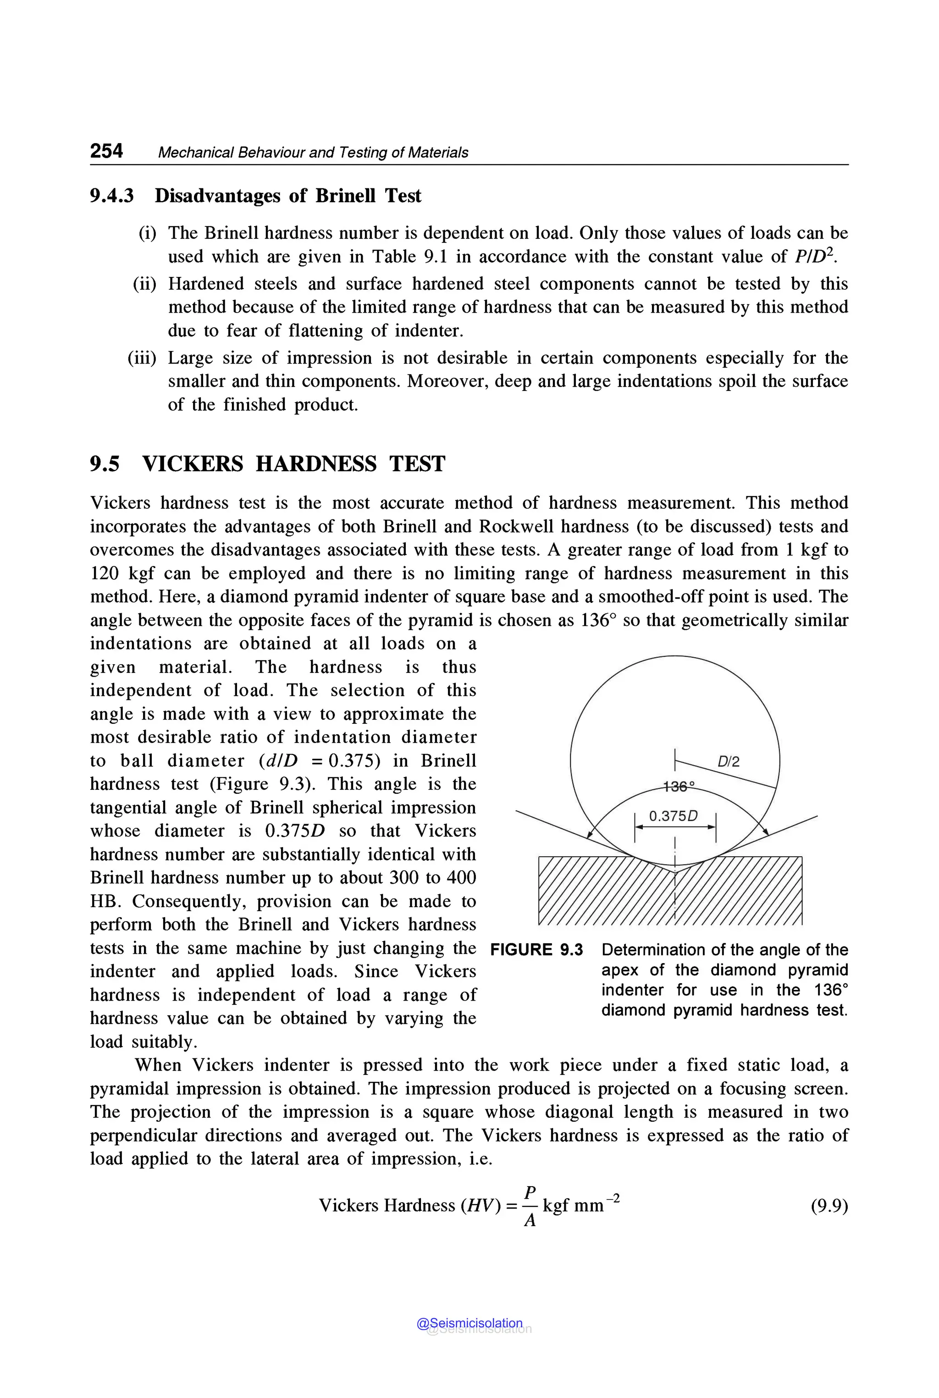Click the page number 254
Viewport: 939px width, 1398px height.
click(106, 150)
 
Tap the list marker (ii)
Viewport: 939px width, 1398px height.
click(144, 283)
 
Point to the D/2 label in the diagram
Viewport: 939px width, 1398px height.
click(728, 761)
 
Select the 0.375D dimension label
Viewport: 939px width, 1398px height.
click(674, 816)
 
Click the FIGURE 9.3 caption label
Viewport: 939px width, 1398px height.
click(536, 950)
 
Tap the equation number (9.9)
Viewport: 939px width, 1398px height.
click(829, 1205)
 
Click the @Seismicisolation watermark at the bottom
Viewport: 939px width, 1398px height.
click(469, 1323)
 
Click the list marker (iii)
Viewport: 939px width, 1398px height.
click(142, 358)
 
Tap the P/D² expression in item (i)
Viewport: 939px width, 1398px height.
click(814, 256)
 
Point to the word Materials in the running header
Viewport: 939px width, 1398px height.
click(438, 153)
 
